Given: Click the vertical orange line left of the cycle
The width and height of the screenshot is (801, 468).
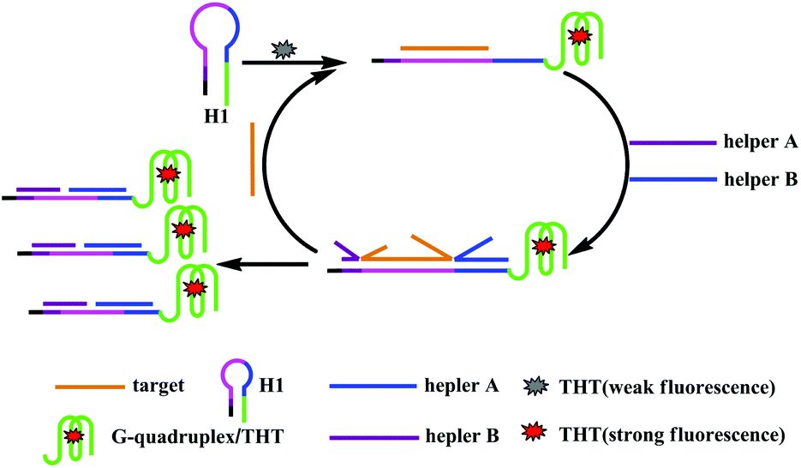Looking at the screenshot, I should [x=253, y=159].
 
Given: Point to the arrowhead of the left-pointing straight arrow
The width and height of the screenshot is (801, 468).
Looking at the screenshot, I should [x=220, y=264].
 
